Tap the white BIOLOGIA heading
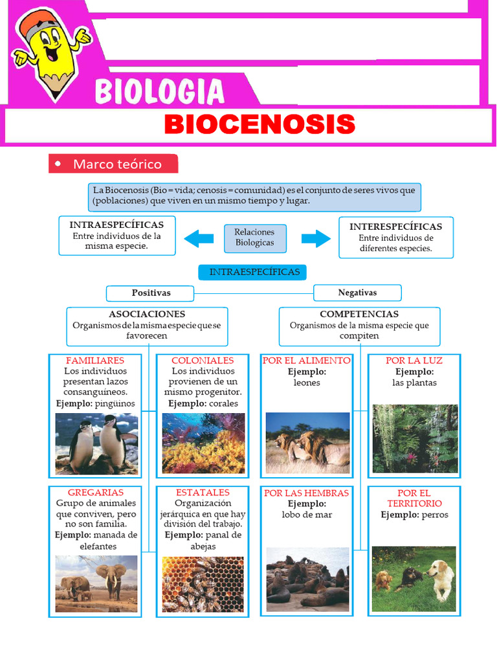[160, 91]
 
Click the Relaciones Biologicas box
[254, 237]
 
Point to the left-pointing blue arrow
[199, 238]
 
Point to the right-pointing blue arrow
[315, 238]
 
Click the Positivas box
[151, 293]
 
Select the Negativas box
[357, 293]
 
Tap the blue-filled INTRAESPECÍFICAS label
[254, 272]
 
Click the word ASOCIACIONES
[147, 314]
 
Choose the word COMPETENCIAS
[359, 314]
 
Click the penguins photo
[96, 444]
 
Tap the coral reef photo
[203, 444]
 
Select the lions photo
[307, 444]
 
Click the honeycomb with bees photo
[203, 584]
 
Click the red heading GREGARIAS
[95, 493]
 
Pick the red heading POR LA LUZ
[414, 361]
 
